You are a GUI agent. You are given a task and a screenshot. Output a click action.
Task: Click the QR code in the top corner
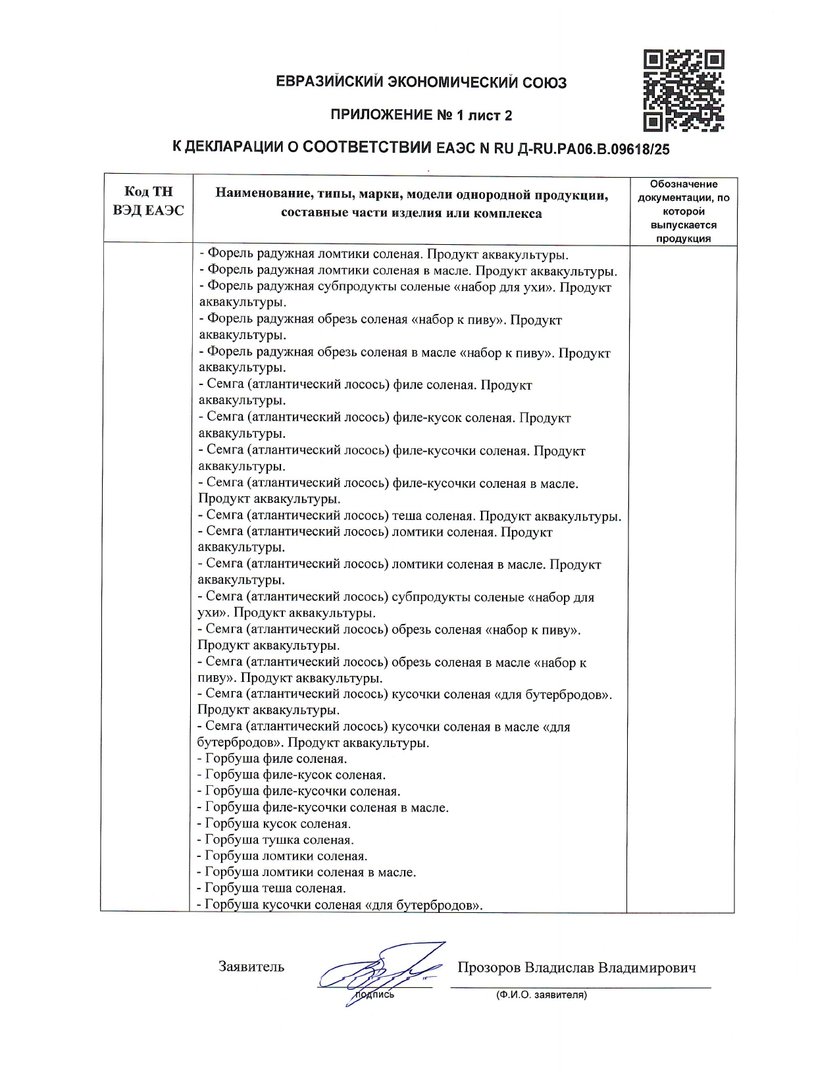684,90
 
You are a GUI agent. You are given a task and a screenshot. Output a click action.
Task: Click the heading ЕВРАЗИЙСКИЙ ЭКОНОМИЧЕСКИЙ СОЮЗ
421,83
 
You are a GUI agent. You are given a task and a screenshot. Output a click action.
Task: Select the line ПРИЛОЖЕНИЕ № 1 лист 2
421,116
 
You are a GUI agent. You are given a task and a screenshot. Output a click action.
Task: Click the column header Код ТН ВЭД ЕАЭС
148,201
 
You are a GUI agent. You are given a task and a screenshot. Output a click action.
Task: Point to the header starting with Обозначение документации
683,211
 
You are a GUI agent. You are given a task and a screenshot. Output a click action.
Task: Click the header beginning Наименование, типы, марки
411,204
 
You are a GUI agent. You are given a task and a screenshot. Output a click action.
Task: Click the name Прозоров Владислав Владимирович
576,968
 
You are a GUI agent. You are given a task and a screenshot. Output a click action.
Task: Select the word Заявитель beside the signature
251,967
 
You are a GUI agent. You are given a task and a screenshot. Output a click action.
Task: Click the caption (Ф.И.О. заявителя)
541,995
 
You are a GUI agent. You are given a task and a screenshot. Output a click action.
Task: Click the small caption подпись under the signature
374,995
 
